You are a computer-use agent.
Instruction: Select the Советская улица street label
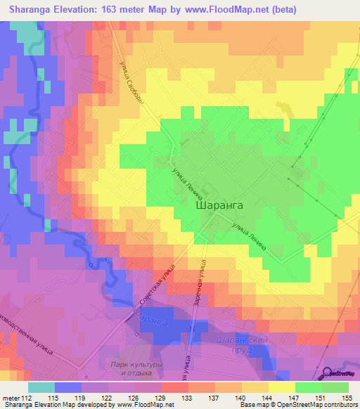click(158, 287)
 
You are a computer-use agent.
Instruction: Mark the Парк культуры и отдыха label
click(138, 368)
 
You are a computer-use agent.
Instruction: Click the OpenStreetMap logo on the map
click(338, 372)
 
